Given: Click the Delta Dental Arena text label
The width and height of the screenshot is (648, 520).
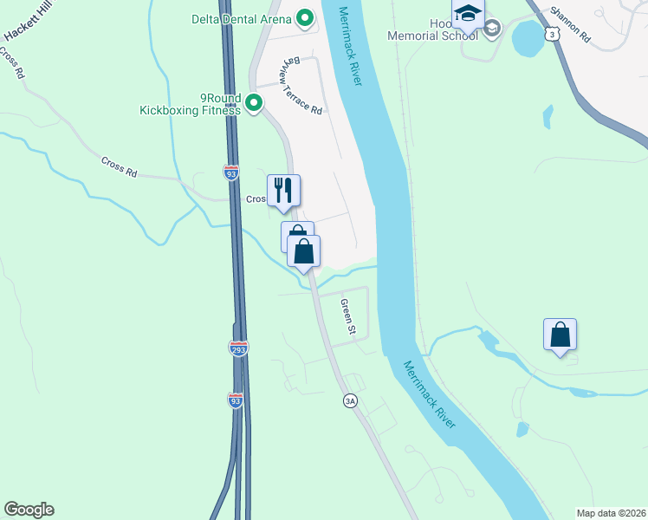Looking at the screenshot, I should coord(243,17).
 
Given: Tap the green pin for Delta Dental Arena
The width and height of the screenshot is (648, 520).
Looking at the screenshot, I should coord(305,17).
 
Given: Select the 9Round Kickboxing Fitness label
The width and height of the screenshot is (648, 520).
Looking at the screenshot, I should coord(190,104).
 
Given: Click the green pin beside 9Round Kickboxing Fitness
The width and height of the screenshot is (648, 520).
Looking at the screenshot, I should coord(254,104).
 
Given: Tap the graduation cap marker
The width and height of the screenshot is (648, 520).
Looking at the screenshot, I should coord(468,16).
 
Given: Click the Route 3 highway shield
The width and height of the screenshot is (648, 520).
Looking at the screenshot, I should coord(552,33).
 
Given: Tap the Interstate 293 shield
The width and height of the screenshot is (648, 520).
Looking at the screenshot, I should coord(238,348).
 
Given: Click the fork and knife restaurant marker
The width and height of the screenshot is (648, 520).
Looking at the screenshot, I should coord(283,190).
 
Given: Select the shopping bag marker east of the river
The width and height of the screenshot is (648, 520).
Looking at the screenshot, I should coord(561,334).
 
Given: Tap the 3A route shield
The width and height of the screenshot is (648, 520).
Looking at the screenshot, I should coord(350,400).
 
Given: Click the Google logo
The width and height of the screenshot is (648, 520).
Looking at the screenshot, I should coord(29,510).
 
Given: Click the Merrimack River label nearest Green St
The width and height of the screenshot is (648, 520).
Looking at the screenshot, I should coord(437,395).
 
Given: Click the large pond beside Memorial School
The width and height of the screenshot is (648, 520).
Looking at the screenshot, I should coord(526,37).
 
